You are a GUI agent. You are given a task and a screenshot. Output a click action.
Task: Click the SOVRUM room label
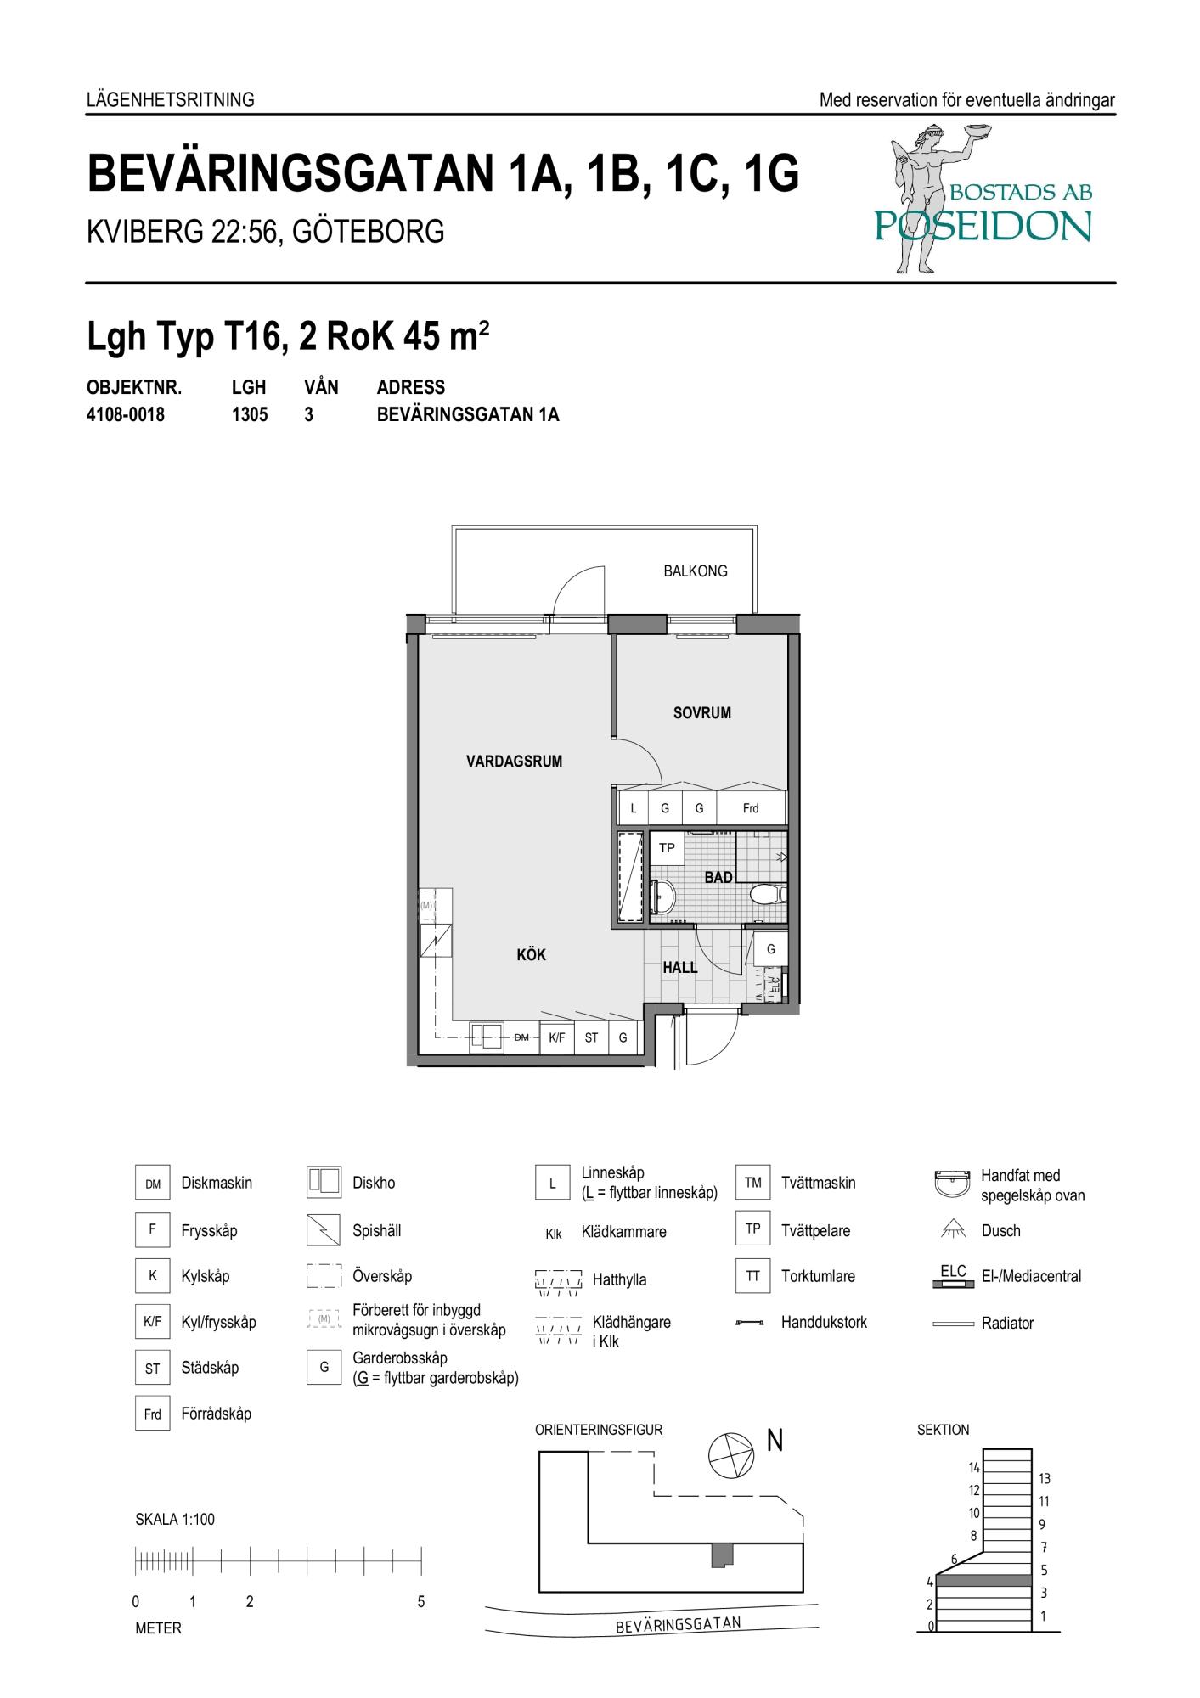pos(701,713)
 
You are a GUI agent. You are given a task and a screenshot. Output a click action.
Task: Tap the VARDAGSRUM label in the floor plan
pos(514,762)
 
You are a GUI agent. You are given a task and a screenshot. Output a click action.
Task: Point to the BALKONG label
pos(696,571)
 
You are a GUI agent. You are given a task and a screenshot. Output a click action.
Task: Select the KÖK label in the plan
pos(531,955)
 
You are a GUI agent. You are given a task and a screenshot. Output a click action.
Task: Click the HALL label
pos(680,967)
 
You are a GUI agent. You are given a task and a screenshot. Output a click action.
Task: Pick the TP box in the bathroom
pos(668,848)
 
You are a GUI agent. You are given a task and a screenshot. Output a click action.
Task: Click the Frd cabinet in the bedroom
pos(751,808)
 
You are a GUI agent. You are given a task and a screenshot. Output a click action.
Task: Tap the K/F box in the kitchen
pos(556,1037)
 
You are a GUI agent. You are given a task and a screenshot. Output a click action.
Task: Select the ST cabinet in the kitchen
pos(591,1037)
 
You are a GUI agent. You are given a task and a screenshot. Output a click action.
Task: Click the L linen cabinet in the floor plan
pos(634,808)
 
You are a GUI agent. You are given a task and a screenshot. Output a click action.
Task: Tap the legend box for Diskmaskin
pos(153,1184)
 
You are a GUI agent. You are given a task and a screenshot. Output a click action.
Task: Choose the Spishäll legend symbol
pos(324,1230)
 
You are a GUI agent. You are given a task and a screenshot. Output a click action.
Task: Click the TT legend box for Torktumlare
pos(752,1276)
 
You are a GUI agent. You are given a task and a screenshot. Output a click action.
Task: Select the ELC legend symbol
pos(954,1276)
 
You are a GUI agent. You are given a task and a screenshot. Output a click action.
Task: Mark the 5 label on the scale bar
pos(421,1602)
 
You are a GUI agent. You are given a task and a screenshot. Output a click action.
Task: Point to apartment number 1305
pos(250,415)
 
